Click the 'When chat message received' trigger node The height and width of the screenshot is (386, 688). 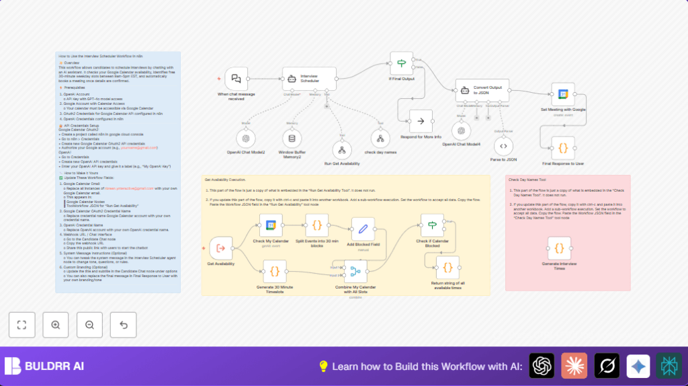(x=236, y=79)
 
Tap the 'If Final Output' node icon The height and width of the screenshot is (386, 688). (x=402, y=63)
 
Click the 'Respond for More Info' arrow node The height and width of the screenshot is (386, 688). (x=421, y=122)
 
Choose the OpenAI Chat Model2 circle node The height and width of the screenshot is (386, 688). (x=245, y=138)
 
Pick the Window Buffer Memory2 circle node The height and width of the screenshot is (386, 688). (x=292, y=139)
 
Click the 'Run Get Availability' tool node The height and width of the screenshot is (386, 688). (x=343, y=149)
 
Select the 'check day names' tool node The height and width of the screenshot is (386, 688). (x=381, y=139)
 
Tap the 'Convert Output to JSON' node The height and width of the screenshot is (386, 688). (x=482, y=90)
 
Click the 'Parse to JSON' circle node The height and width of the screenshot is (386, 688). (x=504, y=146)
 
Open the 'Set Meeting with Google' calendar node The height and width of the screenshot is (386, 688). (x=563, y=94)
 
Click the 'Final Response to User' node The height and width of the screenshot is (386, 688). (x=563, y=147)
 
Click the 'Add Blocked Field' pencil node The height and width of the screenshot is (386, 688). (x=363, y=229)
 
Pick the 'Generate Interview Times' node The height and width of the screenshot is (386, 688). (x=559, y=247)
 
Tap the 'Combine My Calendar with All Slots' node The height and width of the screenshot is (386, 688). (x=355, y=272)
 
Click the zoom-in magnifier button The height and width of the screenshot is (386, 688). (x=56, y=325)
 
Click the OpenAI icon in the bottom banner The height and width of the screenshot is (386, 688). (x=542, y=366)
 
